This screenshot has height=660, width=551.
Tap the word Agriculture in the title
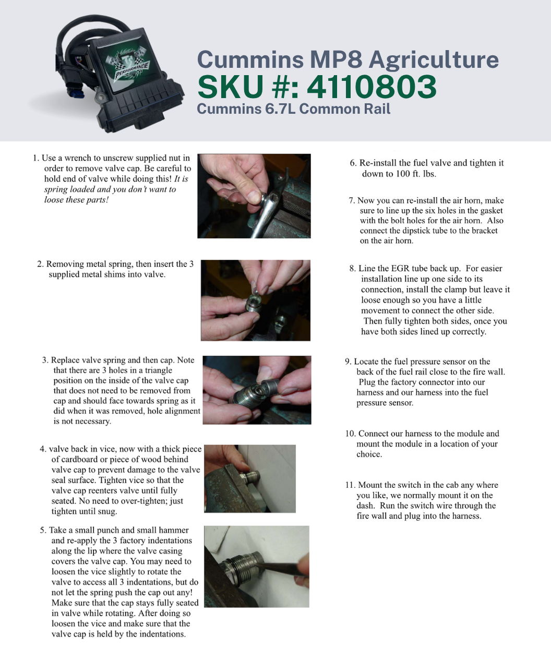point(434,59)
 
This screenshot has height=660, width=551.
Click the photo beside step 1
point(254,196)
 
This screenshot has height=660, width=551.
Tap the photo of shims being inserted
point(256,301)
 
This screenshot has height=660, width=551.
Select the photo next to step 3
point(257,390)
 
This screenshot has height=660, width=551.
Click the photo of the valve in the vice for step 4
point(250,478)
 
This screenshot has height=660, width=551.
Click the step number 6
point(353,163)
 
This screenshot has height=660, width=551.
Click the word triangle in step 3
point(159,370)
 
